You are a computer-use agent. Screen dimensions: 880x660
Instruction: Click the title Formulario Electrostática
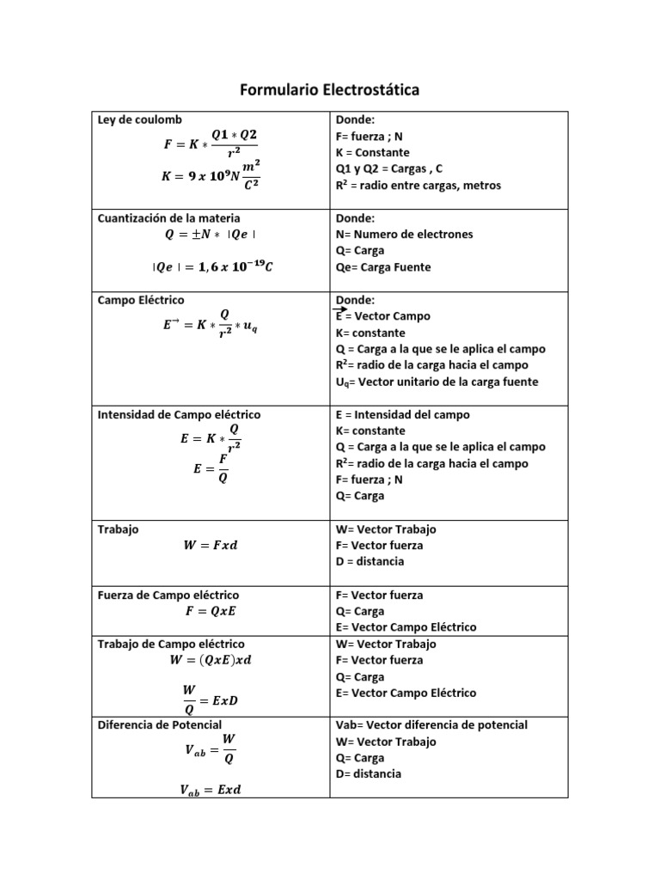coord(329,90)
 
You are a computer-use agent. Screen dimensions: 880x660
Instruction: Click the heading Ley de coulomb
coord(139,119)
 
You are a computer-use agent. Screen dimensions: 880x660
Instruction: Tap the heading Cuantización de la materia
coord(169,217)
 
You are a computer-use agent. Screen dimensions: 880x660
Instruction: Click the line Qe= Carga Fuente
coord(383,267)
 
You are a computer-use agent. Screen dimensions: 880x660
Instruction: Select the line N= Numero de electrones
coord(404,234)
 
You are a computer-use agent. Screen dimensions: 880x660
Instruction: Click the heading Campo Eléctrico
coord(141,300)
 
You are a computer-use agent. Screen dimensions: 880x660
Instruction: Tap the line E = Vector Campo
coord(382,316)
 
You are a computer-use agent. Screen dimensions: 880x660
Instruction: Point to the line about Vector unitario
coord(437,382)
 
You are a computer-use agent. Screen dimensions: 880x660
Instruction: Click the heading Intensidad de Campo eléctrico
coord(180,414)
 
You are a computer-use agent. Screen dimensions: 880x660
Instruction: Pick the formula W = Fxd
coord(211,545)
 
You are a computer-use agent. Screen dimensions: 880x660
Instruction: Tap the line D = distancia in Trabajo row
coord(370,561)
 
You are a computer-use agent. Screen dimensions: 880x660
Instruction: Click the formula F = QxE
coord(211,612)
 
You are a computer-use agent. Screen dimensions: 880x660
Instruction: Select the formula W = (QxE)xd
coord(211,661)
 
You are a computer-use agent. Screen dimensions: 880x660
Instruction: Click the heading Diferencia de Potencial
coord(160,725)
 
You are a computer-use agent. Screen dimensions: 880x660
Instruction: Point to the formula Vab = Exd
coord(212,790)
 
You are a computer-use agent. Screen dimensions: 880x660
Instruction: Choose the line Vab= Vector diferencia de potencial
coord(431,725)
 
